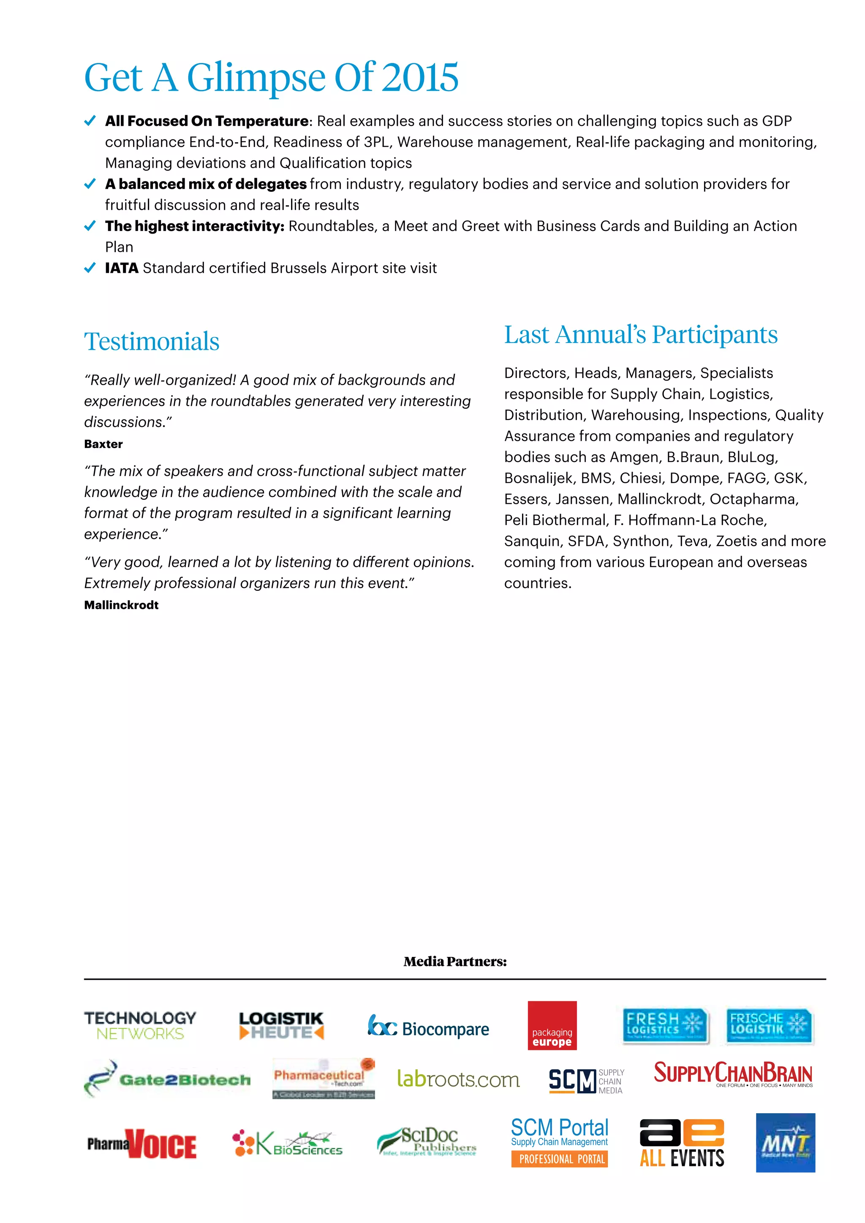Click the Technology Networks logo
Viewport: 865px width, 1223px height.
point(140,1025)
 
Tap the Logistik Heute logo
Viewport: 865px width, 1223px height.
point(281,1025)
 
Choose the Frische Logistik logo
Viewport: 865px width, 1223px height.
point(769,1025)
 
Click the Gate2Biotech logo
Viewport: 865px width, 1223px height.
point(167,1079)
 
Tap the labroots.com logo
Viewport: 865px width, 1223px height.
point(458,1079)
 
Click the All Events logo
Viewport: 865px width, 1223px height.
point(682,1143)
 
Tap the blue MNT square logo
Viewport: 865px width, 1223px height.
point(785,1143)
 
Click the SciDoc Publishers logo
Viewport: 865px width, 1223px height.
point(427,1141)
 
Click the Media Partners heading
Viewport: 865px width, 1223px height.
point(455,962)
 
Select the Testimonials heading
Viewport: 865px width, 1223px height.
point(152,342)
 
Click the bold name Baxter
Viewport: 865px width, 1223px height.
point(103,444)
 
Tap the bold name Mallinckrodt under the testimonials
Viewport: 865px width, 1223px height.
point(122,605)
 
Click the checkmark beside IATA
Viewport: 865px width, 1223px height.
point(90,267)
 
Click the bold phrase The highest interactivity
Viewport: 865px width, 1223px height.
point(194,226)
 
